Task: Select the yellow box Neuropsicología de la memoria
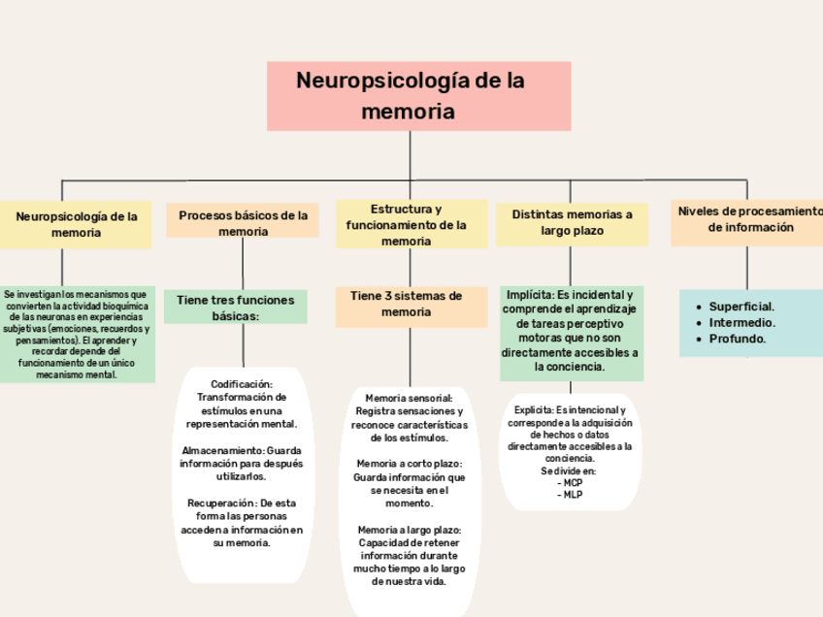76,225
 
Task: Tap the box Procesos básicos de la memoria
243,223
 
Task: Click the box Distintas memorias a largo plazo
572,223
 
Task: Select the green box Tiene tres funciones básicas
235,308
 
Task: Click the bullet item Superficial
741,306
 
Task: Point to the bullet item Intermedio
741,322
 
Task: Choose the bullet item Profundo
738,339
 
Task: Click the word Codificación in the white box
241,384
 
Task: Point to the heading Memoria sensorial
409,399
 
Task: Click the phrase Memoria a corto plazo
409,464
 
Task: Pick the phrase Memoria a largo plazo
409,530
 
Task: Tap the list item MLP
571,495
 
